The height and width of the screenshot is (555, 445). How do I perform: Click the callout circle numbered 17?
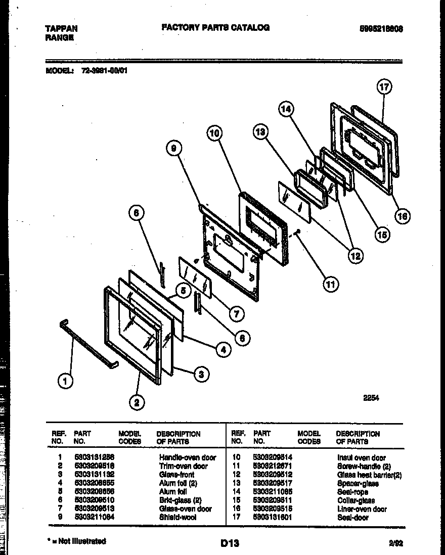(x=384, y=87)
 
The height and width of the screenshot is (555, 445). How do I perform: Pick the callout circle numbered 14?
(x=286, y=109)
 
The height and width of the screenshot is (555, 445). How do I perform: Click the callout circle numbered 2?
(x=136, y=402)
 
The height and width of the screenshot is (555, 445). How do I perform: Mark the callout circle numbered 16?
(x=402, y=216)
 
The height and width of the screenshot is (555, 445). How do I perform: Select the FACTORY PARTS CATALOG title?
(x=215, y=28)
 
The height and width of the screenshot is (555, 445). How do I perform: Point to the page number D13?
(x=230, y=543)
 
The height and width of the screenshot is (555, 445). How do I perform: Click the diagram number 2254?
(x=371, y=398)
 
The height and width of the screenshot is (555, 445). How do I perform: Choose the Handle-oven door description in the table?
(x=187, y=457)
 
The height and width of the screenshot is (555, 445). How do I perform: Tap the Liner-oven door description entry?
(x=362, y=509)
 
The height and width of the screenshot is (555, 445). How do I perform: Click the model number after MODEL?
(x=104, y=71)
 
